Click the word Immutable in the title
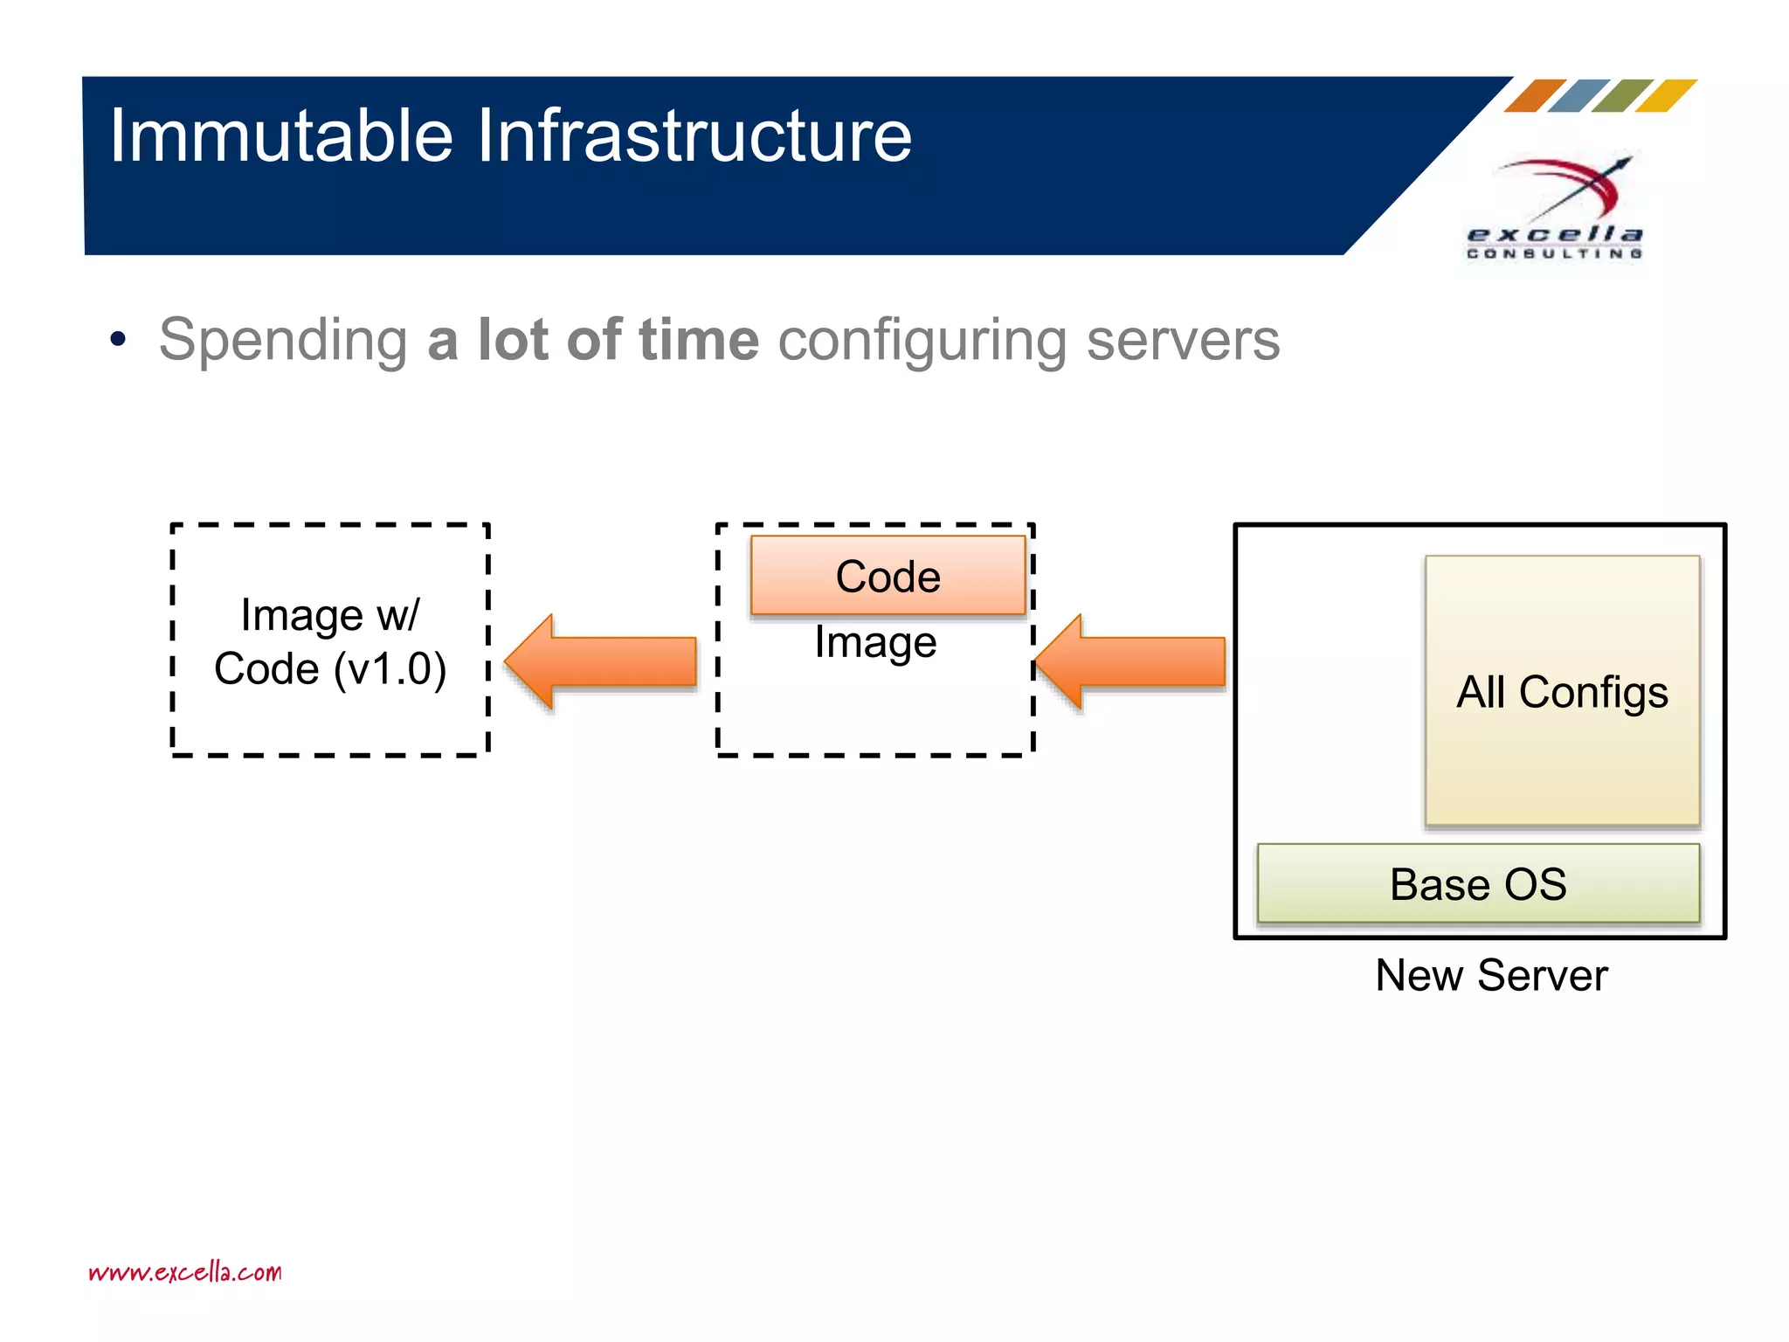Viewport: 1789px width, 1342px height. tap(280, 135)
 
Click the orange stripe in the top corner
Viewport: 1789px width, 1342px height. tap(1535, 96)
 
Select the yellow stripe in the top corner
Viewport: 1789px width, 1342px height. tap(1666, 96)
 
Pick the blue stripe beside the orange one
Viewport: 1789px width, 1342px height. tap(1578, 96)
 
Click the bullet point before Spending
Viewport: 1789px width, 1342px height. tap(119, 339)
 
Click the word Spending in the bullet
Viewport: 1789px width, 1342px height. tap(283, 341)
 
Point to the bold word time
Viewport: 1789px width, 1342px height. tap(699, 339)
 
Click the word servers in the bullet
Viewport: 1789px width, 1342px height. tap(1183, 341)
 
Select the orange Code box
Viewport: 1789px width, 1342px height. tap(888, 576)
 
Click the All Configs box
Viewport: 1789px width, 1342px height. tap(1562, 691)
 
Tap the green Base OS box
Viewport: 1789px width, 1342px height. tap(1478, 883)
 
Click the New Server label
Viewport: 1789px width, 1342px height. tap(1491, 975)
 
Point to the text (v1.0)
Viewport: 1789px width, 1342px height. tap(390, 669)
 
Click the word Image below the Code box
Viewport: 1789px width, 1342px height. tap(875, 643)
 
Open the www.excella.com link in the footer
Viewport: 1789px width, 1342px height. tap(185, 1271)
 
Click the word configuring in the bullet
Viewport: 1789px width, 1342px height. tap(922, 341)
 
